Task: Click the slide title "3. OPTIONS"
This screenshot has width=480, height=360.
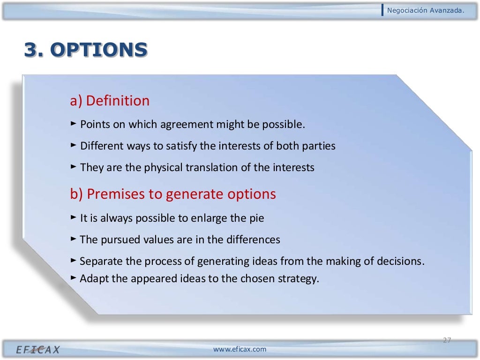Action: pyautogui.click(x=86, y=50)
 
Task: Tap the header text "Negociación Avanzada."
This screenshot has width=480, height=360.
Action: pyautogui.click(x=426, y=10)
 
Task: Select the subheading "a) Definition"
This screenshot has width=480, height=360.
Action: pyautogui.click(x=110, y=101)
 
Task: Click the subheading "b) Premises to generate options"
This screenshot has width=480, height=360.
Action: pyautogui.click(x=173, y=194)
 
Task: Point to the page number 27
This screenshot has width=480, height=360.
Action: pyautogui.click(x=447, y=340)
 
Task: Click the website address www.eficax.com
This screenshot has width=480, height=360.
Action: pyautogui.click(x=240, y=349)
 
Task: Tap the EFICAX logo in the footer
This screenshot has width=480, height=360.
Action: pyautogui.click(x=38, y=350)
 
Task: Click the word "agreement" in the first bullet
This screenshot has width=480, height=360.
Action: pyautogui.click(x=187, y=125)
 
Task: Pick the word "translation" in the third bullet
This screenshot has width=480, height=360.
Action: pyautogui.click(x=210, y=167)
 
